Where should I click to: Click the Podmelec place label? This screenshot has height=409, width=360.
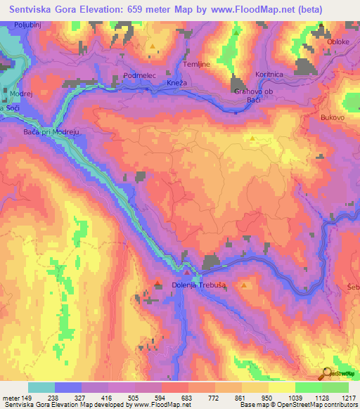(138, 74)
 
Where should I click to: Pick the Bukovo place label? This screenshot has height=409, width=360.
(332, 117)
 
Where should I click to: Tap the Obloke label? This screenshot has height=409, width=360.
(339, 41)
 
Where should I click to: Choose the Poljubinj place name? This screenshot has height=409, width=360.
(28, 25)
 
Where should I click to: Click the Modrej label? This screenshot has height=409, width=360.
(21, 93)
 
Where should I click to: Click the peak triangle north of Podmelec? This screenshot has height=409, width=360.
(153, 46)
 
